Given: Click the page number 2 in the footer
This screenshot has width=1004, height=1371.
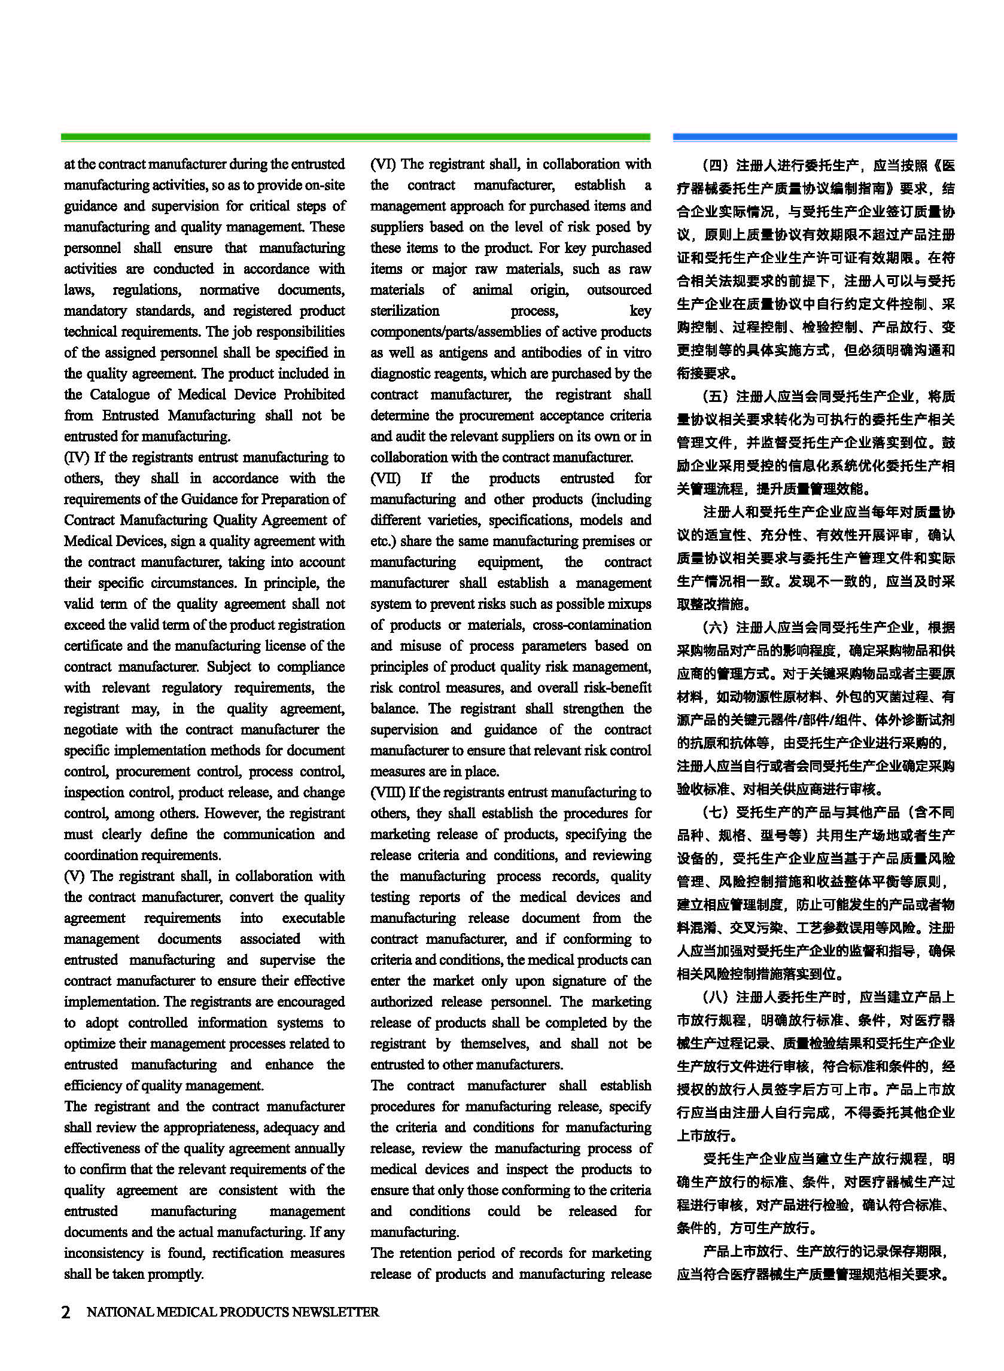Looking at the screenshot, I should [x=66, y=1312].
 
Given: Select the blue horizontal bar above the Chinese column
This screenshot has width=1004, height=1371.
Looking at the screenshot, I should [x=814, y=138].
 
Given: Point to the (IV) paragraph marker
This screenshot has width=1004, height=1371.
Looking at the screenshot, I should [x=77, y=458].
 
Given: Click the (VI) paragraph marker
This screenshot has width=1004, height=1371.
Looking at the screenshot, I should [x=383, y=164].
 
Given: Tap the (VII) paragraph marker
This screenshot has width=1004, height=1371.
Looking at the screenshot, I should [x=385, y=478].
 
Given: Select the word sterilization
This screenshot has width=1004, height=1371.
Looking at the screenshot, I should [x=404, y=310].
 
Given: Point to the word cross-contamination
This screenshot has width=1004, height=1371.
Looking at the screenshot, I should [x=592, y=624].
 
